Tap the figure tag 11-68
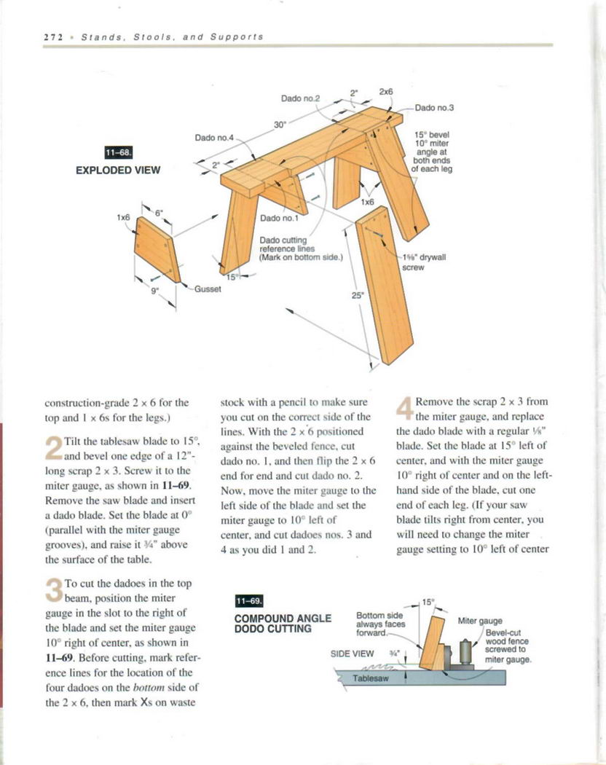click(x=120, y=154)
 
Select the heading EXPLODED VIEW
click(x=118, y=170)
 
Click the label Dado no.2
click(x=301, y=98)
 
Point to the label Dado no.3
click(x=434, y=108)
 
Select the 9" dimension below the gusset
click(x=154, y=291)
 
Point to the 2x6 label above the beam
click(x=386, y=92)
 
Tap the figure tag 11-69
click(x=249, y=601)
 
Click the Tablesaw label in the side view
click(x=371, y=678)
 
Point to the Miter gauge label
click(x=480, y=621)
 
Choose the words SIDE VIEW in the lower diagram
click(x=353, y=654)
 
